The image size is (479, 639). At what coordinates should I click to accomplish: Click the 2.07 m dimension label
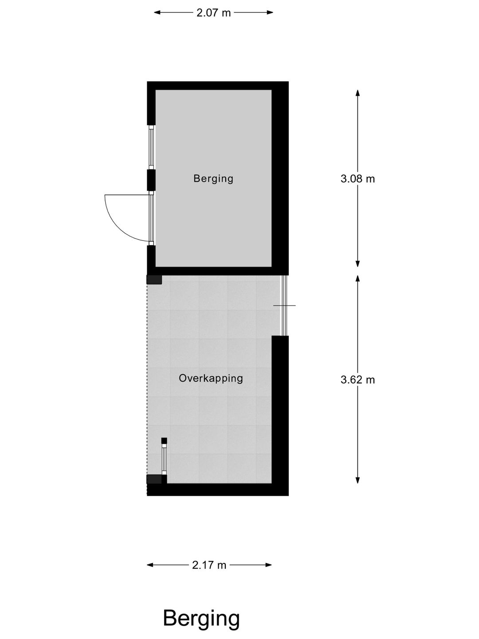[x=213, y=13]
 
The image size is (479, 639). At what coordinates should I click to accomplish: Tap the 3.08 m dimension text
[x=357, y=179]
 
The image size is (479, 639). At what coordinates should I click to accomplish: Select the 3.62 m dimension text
[x=357, y=380]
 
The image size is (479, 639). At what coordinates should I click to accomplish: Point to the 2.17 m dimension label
[x=209, y=565]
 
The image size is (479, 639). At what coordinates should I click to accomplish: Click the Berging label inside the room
[x=213, y=178]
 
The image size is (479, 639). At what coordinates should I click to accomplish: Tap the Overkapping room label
[x=211, y=378]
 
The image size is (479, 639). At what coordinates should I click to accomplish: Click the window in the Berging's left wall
[x=151, y=147]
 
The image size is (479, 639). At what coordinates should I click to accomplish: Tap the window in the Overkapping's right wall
[x=285, y=306]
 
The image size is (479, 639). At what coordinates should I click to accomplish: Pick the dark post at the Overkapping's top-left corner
[x=154, y=280]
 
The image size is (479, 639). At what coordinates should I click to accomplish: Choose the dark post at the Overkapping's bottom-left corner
[x=154, y=479]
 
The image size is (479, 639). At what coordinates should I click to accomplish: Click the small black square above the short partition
[x=164, y=441]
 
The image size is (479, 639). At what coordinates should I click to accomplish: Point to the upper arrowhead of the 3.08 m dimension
[x=357, y=93]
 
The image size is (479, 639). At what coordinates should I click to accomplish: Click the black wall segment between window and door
[x=151, y=180]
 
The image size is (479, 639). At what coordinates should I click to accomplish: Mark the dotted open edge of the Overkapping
[x=147, y=377]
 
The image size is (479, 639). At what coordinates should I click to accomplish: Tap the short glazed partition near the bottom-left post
[x=164, y=459]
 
